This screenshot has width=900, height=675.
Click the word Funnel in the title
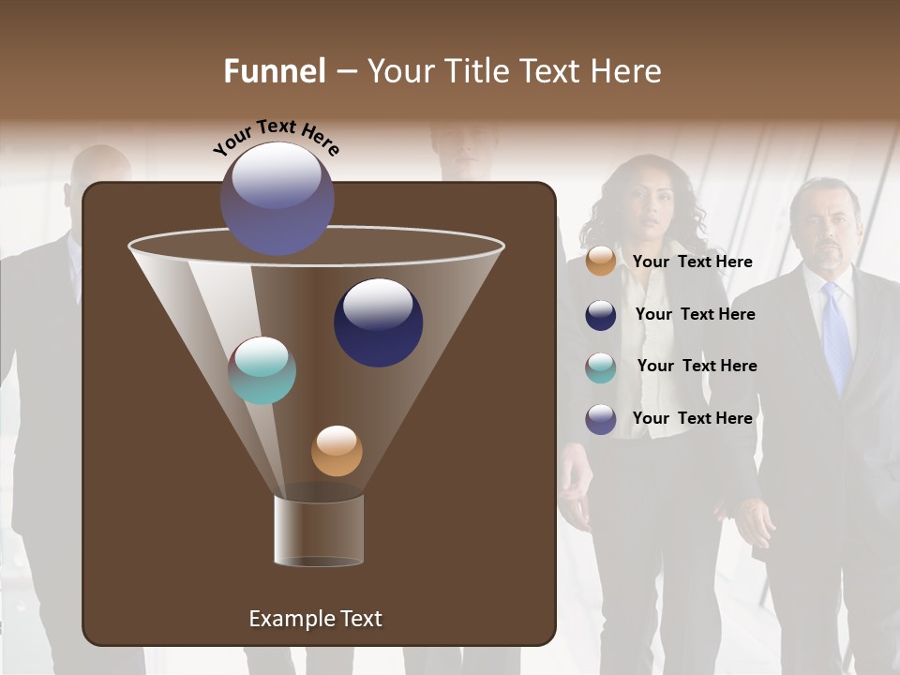274,71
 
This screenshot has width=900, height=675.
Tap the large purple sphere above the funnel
277,198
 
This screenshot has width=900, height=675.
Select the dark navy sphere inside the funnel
378,322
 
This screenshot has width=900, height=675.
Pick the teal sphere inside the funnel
262,370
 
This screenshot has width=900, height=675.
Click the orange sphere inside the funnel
337,451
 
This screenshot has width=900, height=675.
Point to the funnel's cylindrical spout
319,531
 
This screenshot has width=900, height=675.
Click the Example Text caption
315,619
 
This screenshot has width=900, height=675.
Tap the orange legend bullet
601,262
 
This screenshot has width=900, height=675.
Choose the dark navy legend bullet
601,315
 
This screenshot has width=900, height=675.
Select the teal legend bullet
601,367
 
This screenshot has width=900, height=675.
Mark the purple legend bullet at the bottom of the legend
601,419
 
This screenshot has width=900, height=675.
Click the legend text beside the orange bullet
692,262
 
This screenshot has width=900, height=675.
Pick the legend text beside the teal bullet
697,367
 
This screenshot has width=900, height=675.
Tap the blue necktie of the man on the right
836,337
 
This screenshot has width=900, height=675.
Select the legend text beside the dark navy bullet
695,315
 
